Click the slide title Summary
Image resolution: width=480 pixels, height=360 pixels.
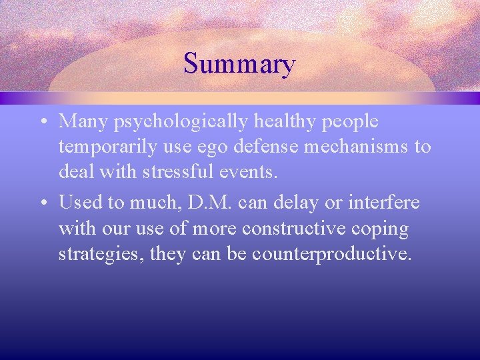tap(239, 65)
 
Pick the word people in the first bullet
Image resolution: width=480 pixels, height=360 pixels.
tap(352, 123)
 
